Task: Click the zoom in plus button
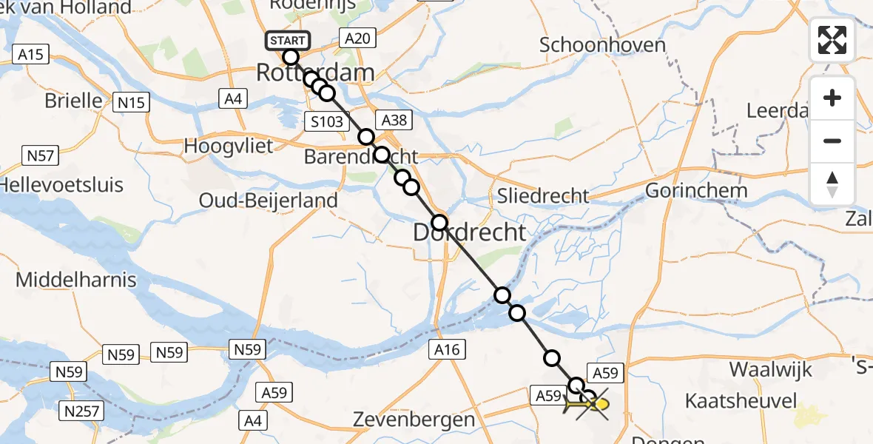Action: (x=832, y=98)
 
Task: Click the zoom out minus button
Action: (x=832, y=141)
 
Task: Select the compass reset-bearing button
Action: (x=832, y=184)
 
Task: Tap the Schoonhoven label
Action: (x=602, y=44)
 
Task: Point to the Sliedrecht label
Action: (x=543, y=195)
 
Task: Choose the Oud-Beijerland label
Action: (x=269, y=200)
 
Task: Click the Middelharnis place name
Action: (x=76, y=280)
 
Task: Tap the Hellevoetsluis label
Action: (x=61, y=184)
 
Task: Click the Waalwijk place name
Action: (x=770, y=369)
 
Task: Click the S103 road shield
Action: (x=327, y=121)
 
